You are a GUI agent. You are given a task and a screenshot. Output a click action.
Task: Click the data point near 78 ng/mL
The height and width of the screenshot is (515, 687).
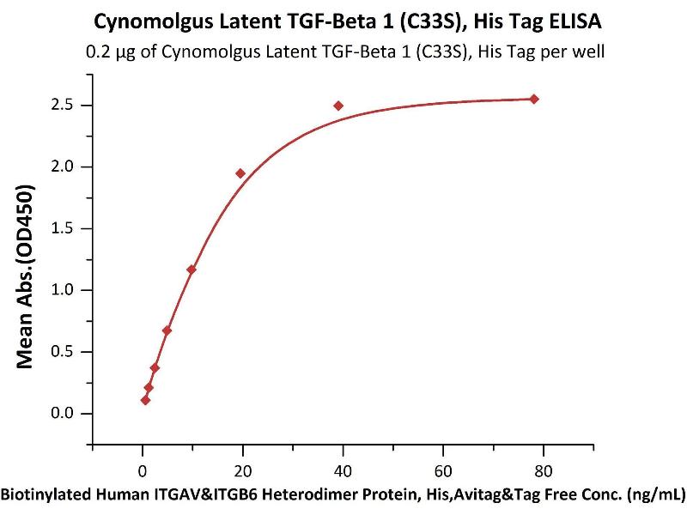[534, 99]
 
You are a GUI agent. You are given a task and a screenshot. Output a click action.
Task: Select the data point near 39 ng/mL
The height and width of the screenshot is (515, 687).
[338, 106]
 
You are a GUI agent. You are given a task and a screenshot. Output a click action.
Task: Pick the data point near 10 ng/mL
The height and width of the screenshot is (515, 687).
[192, 270]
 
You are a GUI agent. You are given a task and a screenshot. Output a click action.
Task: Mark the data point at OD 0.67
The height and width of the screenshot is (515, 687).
[167, 330]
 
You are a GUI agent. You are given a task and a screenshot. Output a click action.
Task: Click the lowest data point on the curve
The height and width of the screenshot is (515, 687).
[145, 400]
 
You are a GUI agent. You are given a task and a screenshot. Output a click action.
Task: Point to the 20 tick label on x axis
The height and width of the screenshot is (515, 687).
[243, 470]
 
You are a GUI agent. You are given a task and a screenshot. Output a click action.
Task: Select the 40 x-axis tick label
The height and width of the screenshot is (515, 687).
[343, 470]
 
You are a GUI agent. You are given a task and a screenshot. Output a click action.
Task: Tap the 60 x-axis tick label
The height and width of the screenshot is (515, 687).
[443, 470]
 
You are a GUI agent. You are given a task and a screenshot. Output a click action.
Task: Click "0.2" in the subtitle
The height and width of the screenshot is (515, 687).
[98, 51]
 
